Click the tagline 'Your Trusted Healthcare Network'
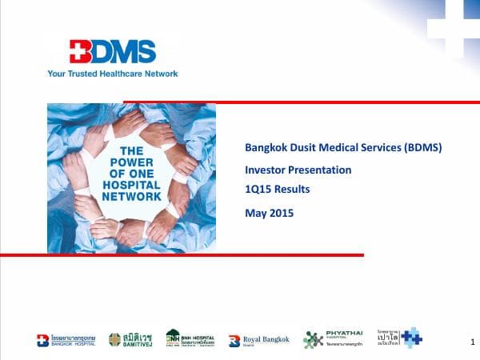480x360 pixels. pos(112,74)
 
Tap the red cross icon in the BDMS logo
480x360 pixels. pos(80,53)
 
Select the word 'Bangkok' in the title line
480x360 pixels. pos(265,148)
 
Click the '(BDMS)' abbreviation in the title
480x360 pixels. pos(414,148)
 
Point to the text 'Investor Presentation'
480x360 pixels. pos(298,170)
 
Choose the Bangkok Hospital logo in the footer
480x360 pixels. pos(66,340)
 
